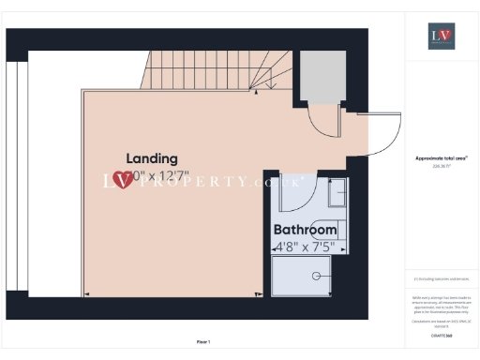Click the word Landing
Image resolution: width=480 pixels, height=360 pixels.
[152, 158]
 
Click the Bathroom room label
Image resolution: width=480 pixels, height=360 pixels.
[305, 230]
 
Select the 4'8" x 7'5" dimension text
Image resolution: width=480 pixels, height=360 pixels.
[305, 247]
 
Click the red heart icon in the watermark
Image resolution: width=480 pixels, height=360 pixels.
[121, 179]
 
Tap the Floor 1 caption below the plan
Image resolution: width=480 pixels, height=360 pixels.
[203, 341]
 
